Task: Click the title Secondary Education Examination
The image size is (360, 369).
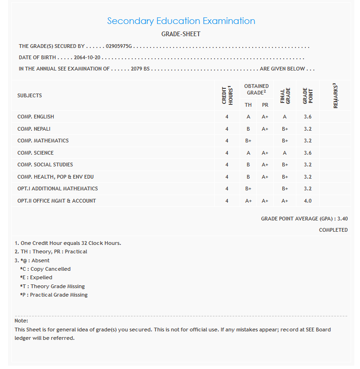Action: coord(181,21)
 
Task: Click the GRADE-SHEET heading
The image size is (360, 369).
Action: coord(181,34)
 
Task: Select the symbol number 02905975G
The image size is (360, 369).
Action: coord(119,47)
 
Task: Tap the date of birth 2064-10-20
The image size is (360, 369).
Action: coord(88,57)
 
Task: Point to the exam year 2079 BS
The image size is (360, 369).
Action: coord(140,69)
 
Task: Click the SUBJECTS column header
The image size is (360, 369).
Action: coord(30,95)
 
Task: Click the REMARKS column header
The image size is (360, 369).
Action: coord(336,95)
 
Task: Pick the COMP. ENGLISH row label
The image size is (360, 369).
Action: coord(36,117)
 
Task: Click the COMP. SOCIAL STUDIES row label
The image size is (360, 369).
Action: coord(45,165)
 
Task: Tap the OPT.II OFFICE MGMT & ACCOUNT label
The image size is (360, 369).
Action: coord(56,201)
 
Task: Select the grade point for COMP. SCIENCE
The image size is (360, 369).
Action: coord(307,153)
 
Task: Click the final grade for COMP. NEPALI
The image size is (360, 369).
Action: coord(285,129)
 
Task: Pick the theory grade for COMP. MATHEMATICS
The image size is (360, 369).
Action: coord(248,141)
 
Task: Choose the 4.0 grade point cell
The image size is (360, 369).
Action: coord(307,201)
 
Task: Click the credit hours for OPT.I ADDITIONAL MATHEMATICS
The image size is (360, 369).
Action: coord(226,188)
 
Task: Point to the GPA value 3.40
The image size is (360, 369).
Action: coord(343,219)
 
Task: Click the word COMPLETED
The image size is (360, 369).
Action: coord(333,230)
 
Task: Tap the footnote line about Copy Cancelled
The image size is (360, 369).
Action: coord(45,269)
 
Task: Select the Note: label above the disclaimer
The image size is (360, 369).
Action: coord(22,321)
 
